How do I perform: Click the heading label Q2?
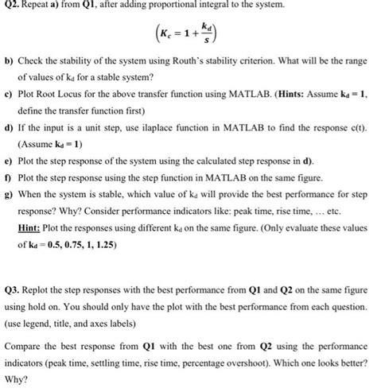tap(10, 8)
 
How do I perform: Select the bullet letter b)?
tap(9, 82)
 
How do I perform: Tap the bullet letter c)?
tap(9, 115)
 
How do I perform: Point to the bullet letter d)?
tap(9, 149)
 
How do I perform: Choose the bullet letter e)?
tap(9, 182)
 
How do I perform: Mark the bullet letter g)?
tap(9, 215)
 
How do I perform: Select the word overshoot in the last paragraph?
tap(275, 361)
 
